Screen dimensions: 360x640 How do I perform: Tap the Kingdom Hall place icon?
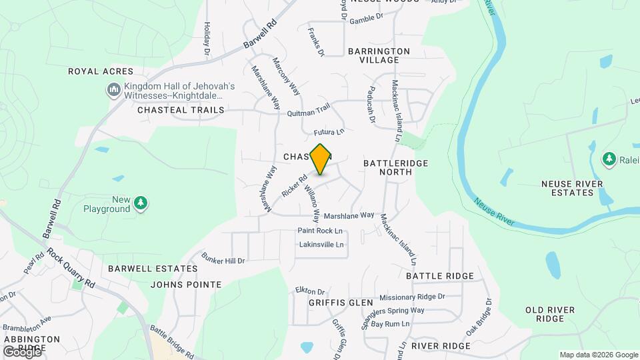pyautogui.click(x=113, y=89)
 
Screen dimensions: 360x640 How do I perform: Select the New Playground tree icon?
pyautogui.click(x=141, y=202)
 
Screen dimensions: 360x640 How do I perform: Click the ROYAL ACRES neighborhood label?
pyautogui.click(x=101, y=71)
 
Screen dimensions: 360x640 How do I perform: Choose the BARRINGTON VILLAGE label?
pyautogui.click(x=379, y=55)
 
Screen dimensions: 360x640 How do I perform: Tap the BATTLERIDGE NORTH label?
pyautogui.click(x=397, y=167)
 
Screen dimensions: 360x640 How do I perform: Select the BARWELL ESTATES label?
pyautogui.click(x=153, y=269)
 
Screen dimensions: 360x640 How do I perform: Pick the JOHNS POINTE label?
pyautogui.click(x=186, y=285)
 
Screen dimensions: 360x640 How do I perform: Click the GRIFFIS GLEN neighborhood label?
pyautogui.click(x=341, y=303)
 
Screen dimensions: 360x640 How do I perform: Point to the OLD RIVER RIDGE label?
pyautogui.click(x=549, y=315)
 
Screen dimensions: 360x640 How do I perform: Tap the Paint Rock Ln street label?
pyautogui.click(x=320, y=231)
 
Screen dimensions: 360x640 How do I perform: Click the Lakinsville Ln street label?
pyautogui.click(x=321, y=245)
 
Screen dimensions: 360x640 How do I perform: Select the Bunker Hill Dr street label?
pyautogui.click(x=223, y=260)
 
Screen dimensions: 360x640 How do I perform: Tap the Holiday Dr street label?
pyautogui.click(x=207, y=38)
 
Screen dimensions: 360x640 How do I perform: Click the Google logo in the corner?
pyautogui.click(x=22, y=351)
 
